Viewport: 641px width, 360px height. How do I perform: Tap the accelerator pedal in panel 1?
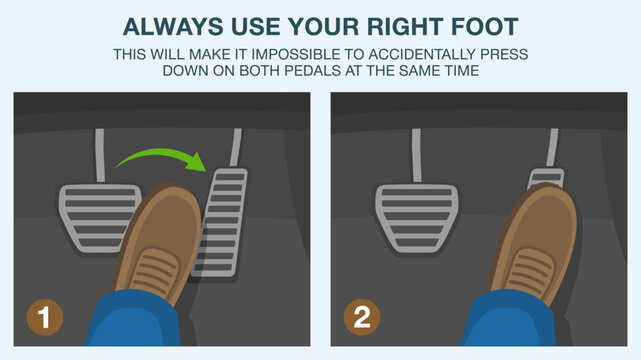coord(222,220)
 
